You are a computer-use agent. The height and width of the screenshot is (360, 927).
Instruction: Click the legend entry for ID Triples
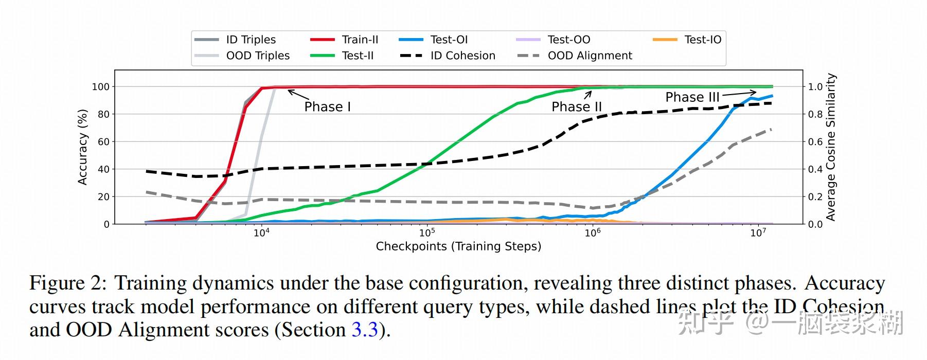click(251, 40)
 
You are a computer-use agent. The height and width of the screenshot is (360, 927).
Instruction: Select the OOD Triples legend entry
click(257, 56)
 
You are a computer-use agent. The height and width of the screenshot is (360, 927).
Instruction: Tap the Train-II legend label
click(360, 40)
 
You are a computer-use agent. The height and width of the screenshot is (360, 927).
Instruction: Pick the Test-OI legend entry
click(449, 40)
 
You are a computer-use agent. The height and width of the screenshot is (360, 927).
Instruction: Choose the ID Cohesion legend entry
click(462, 56)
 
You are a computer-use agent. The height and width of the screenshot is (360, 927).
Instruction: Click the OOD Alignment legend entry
click(590, 56)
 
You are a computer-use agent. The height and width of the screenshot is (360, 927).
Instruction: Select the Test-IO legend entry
click(702, 40)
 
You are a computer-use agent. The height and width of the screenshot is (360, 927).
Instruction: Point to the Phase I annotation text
click(327, 107)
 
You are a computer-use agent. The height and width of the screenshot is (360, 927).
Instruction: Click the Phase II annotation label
click(577, 107)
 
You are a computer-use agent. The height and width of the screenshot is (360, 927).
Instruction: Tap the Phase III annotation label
click(692, 97)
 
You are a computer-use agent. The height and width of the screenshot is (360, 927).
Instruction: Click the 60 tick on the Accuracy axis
click(103, 142)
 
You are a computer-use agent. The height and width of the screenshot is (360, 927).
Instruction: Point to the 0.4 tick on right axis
click(815, 169)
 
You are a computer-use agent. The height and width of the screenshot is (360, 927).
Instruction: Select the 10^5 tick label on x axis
click(426, 232)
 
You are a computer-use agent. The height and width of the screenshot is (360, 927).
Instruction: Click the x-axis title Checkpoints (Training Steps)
click(458, 246)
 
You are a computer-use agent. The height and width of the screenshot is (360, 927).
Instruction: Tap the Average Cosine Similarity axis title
click(831, 147)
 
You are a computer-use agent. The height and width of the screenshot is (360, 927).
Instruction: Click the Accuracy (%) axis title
click(82, 147)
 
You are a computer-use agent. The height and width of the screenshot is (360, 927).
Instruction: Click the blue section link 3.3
click(365, 330)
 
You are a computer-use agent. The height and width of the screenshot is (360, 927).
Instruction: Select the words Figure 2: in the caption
click(68, 283)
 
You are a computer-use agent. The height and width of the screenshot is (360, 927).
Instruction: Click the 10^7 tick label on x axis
click(758, 232)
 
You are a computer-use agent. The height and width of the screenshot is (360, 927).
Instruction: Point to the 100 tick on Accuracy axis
click(101, 87)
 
